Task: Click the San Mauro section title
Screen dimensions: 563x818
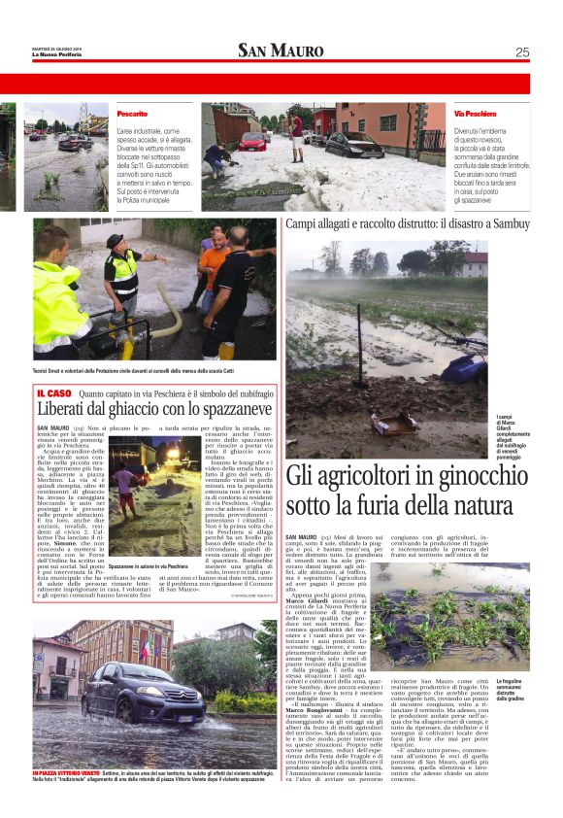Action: tap(281, 51)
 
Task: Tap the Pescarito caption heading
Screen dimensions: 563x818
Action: tap(132, 114)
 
